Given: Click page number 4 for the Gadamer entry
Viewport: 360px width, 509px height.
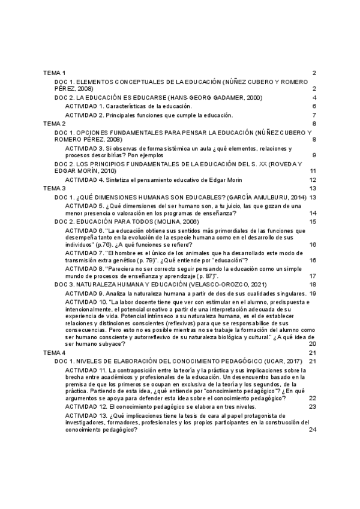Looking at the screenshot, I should pos(314,97).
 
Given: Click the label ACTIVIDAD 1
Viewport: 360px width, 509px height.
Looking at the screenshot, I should pos(85,106).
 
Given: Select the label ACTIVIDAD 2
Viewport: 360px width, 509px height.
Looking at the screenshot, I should pos(85,115).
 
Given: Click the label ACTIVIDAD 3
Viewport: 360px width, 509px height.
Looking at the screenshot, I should pos(85,148).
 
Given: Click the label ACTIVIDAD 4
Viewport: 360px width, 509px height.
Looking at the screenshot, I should pos(85,179).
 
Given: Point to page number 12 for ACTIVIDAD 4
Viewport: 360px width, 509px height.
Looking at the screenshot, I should pos(313,179).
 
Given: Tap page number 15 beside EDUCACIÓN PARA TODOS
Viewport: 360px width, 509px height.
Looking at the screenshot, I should pos(313,221).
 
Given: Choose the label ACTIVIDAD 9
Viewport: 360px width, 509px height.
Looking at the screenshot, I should pos(85,293).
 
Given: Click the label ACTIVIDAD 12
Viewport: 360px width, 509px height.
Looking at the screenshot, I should pos(86,406).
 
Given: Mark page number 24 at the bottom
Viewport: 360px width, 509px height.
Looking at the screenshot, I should pos(313,430).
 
